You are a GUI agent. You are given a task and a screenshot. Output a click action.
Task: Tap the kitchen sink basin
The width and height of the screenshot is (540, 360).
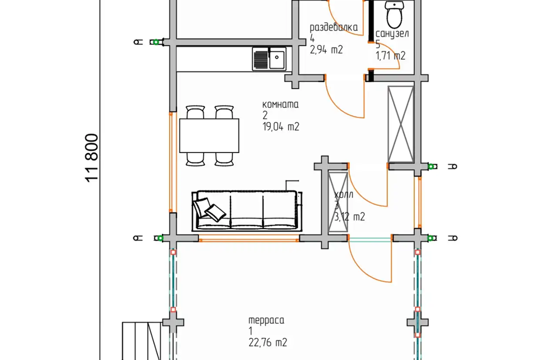click(277, 58)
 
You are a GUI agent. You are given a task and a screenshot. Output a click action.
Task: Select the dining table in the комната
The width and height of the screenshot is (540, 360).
click(209, 136)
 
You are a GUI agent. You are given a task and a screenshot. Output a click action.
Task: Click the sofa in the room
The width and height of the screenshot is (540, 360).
click(246, 210)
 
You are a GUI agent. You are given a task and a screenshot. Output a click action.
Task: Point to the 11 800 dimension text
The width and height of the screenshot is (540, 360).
click(92, 158)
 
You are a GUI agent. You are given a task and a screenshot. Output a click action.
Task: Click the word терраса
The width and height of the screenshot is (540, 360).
click(267, 320)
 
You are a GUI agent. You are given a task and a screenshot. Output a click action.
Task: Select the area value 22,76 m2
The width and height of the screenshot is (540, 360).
click(268, 343)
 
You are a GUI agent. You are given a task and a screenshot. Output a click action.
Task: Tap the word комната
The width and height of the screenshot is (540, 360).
click(280, 105)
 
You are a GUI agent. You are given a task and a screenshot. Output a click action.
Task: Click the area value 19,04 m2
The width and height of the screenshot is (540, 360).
click(281, 127)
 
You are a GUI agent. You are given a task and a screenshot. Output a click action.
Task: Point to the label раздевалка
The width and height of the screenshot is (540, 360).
click(334, 28)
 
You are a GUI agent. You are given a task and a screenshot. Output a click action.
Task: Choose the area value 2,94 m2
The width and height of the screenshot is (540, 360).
click(326, 50)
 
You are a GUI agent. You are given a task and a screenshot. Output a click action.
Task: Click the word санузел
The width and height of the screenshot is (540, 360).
click(392, 34)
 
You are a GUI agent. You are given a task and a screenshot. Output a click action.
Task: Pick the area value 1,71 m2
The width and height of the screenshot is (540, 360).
click(390, 56)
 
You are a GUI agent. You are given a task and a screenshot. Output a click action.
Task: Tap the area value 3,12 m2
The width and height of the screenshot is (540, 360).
click(350, 217)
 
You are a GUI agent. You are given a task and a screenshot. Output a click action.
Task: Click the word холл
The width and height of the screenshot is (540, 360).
click(344, 195)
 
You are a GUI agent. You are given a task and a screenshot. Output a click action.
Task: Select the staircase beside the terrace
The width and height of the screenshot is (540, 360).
click(142, 341)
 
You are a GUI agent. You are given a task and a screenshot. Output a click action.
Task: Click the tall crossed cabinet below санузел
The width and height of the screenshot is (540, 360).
click(401, 124)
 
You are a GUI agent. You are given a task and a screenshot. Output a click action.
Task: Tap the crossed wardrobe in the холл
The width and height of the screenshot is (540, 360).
click(338, 201)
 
